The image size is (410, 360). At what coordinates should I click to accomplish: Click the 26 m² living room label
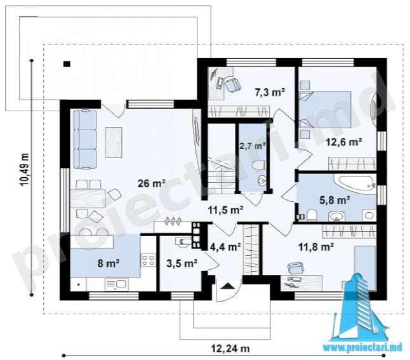152,183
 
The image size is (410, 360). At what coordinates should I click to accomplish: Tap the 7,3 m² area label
270,92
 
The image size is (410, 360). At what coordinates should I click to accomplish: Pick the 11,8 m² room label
316,246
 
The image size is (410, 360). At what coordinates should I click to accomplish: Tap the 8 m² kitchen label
109,263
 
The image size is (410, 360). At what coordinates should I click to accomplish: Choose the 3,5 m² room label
182,263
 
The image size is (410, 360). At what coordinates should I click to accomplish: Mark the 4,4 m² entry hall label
225,246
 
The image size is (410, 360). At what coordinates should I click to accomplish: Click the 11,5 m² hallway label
226,210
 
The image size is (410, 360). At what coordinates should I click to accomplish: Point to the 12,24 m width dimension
230,349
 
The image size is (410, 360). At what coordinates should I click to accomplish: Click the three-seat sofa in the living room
85,140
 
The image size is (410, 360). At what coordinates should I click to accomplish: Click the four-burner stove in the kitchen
148,260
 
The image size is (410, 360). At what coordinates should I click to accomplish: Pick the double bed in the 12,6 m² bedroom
325,109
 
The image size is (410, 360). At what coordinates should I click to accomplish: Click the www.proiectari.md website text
362,347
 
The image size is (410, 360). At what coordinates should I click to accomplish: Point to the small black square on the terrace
67,63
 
